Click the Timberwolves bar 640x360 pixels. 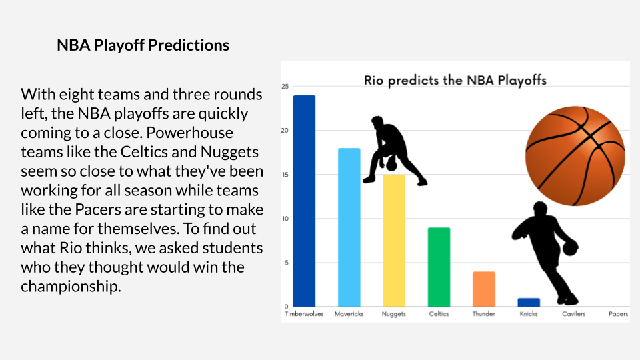tap(304, 201)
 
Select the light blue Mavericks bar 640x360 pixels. tap(349, 227)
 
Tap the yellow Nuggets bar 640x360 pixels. tap(394, 241)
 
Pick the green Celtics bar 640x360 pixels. tap(439, 267)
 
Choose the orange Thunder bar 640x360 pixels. tap(484, 289)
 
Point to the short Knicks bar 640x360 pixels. tap(529, 302)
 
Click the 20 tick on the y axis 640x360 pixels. tap(285, 131)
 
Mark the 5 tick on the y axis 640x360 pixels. tap(286, 263)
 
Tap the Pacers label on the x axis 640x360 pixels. tap(619, 314)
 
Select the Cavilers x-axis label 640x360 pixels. tap(573, 314)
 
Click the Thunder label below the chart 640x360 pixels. tap(484, 314)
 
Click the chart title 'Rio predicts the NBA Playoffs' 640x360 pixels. tap(455, 81)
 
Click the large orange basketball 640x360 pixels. tap(575, 156)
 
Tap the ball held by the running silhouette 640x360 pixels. tap(570, 248)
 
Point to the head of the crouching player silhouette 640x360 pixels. tap(378, 122)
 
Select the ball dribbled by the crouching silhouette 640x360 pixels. tap(391, 165)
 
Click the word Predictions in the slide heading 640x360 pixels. tap(189, 45)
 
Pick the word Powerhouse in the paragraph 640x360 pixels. tap(190, 133)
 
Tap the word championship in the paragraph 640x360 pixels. tap(71, 287)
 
